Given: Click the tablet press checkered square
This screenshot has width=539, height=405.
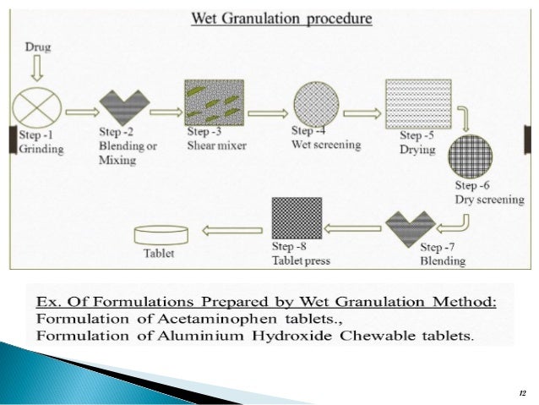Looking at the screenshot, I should point(297,219).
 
